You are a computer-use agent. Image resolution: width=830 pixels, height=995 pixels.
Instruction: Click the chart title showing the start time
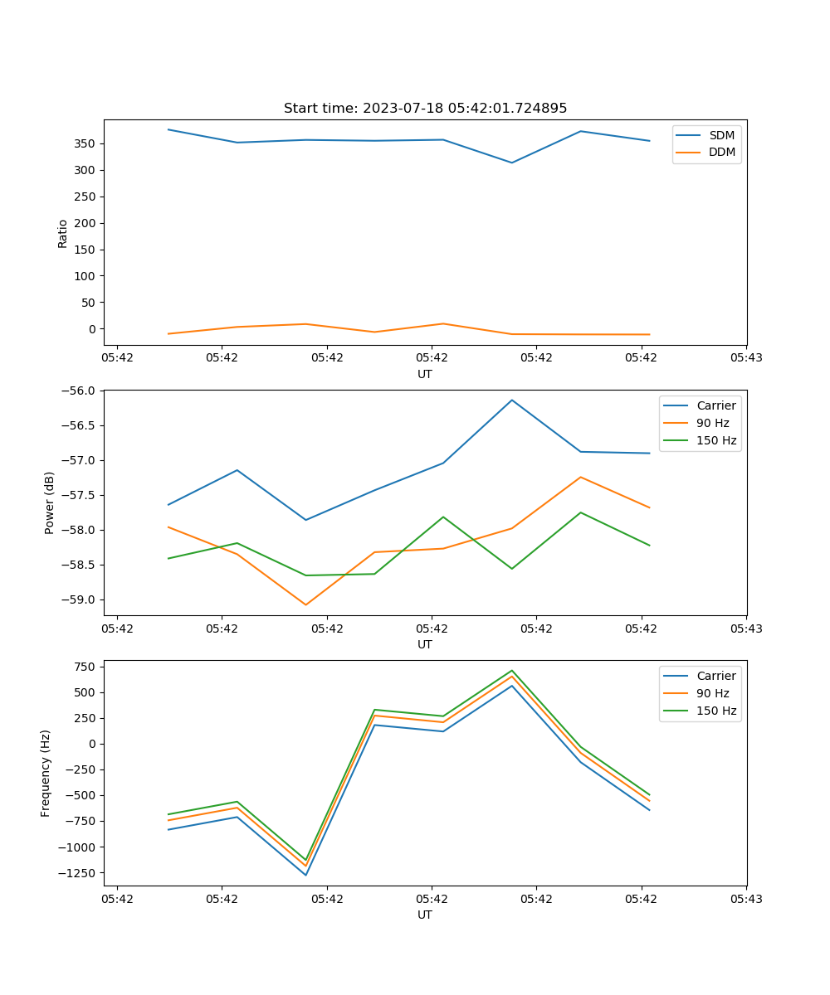click(425, 109)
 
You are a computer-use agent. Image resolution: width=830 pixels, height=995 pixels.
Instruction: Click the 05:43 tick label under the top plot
click(746, 358)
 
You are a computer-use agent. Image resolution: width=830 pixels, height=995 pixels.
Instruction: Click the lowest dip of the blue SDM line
click(511, 163)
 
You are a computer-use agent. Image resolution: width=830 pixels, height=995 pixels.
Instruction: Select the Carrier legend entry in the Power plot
click(715, 405)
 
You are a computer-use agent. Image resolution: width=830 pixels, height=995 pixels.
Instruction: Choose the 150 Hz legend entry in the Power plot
click(715, 440)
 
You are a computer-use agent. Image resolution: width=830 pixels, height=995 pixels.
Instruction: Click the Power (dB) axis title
click(50, 502)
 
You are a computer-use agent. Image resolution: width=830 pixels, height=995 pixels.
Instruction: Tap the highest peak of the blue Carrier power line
click(511, 400)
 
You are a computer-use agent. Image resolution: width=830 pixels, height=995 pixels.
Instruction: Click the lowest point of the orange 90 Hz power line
click(305, 604)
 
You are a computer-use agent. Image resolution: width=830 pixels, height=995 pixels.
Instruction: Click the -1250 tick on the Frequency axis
click(76, 872)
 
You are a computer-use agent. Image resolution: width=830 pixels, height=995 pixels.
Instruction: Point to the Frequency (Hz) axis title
click(46, 773)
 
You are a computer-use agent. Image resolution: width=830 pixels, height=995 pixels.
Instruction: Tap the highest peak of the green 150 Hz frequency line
click(511, 670)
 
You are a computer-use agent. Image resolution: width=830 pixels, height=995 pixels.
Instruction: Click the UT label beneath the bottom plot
click(425, 915)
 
